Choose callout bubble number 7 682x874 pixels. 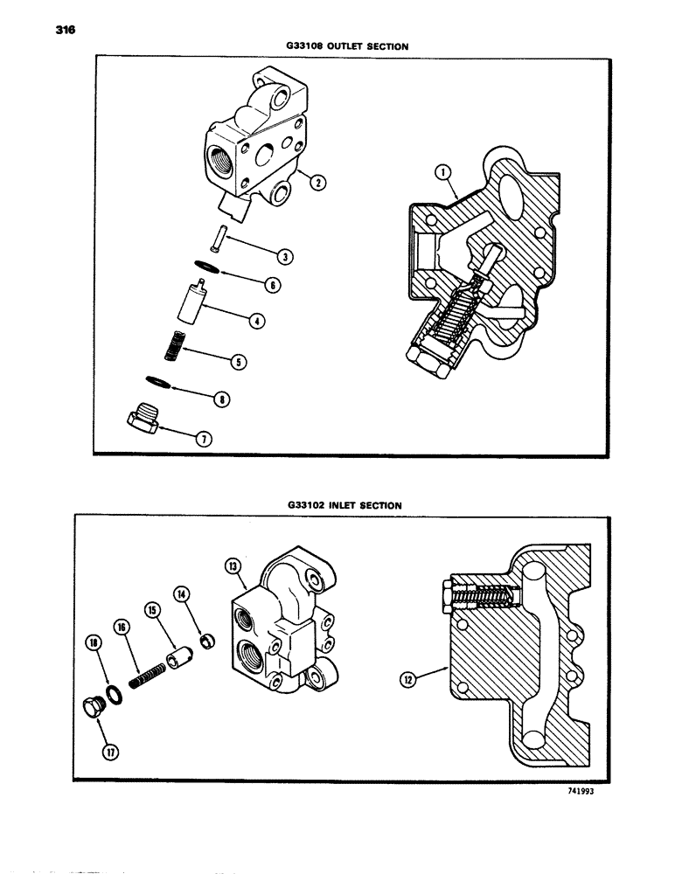203,439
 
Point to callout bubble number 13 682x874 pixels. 234,567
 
